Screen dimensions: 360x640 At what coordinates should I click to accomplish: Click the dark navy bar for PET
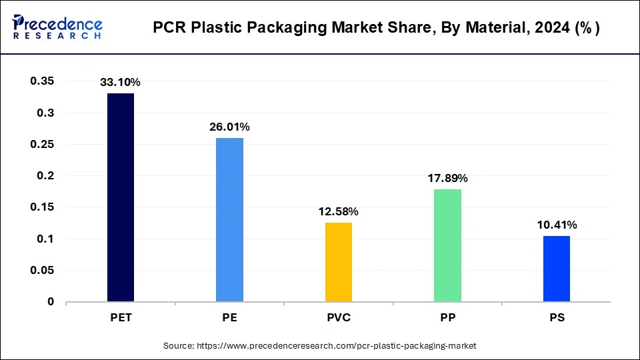click(120, 197)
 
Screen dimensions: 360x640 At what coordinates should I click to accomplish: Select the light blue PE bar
click(229, 219)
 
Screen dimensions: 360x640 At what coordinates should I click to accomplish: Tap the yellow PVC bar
click(338, 262)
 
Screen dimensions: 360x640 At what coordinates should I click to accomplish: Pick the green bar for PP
click(447, 245)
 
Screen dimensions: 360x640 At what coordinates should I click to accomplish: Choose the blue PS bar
click(557, 269)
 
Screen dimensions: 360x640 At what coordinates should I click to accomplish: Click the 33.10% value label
click(120, 83)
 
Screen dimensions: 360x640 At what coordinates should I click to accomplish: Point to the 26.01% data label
click(229, 127)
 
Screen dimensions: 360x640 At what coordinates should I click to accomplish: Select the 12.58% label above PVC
click(338, 211)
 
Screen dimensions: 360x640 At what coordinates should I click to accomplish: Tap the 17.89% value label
click(447, 178)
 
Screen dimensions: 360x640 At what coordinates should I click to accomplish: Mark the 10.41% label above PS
click(557, 225)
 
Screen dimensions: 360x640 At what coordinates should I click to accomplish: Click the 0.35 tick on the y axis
click(42, 81)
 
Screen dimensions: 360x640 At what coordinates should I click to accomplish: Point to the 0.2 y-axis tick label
click(46, 176)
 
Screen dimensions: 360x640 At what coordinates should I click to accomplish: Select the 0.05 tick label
click(42, 271)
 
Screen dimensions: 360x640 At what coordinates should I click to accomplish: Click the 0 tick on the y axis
click(51, 302)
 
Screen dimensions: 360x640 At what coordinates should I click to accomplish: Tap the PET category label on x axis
click(120, 318)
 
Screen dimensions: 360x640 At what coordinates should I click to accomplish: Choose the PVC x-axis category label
click(338, 318)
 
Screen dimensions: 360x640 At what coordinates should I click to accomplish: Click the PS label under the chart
click(557, 318)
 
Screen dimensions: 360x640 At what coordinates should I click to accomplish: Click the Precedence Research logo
click(57, 27)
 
